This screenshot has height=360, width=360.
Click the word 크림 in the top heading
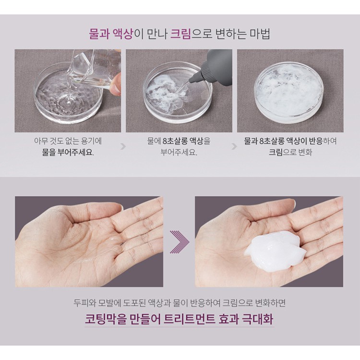(180, 34)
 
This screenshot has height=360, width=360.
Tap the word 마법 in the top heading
(260, 34)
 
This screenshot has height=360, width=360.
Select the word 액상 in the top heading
(123, 34)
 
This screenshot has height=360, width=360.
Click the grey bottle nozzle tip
(191, 81)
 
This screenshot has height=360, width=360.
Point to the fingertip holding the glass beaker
(115, 88)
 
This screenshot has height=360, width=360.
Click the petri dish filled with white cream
(289, 93)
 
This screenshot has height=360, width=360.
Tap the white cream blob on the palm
(275, 251)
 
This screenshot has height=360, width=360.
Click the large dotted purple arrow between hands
(180, 242)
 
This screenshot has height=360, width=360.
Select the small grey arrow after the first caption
(123, 146)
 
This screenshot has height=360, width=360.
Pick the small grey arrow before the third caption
(234, 146)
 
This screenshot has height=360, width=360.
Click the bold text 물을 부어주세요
(68, 152)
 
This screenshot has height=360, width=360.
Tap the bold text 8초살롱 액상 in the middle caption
(183, 141)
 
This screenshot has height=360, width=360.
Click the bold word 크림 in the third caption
(276, 152)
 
